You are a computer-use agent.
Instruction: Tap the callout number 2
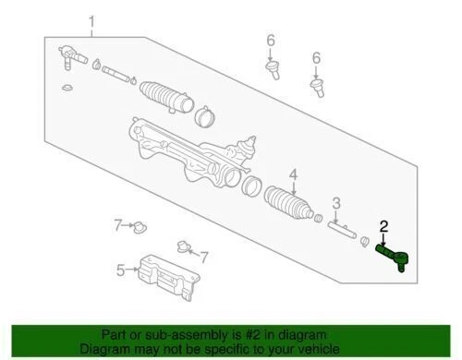(x=383, y=224)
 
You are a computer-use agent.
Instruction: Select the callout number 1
(x=91, y=20)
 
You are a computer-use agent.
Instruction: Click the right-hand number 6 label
(x=315, y=57)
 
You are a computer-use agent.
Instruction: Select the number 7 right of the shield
(x=205, y=256)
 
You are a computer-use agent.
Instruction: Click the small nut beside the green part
(x=365, y=242)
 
